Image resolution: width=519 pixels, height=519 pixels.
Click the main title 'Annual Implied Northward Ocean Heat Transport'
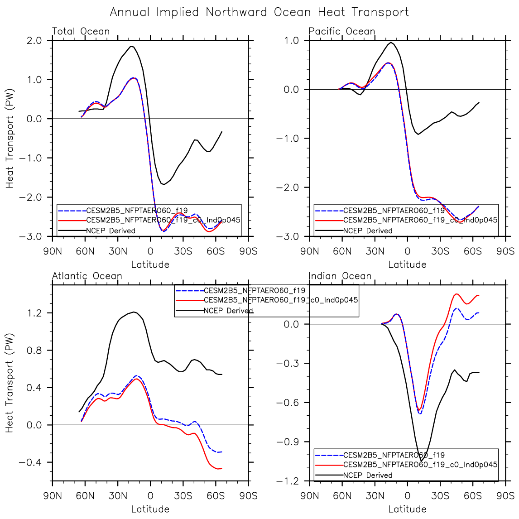pos(259,12)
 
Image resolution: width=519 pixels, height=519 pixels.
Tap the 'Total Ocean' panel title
pos(81,31)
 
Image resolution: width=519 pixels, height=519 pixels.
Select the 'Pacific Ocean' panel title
pos(342,31)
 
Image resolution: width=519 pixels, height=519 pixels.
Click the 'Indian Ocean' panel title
pos(340,276)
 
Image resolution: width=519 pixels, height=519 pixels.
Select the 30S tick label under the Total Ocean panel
pos(183,251)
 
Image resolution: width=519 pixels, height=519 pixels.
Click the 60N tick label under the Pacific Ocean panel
pos(342,251)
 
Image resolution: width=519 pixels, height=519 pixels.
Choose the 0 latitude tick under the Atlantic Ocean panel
pos(150,495)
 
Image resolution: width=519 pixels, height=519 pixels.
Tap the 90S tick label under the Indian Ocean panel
pos(505,495)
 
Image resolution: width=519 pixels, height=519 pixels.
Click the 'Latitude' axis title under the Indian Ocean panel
pos(407,509)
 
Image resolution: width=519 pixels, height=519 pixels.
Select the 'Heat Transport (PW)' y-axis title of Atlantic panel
pos(10,383)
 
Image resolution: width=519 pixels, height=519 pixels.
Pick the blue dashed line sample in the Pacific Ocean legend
pos(329,211)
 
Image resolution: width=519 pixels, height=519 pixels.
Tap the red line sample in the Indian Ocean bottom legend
pos(329,465)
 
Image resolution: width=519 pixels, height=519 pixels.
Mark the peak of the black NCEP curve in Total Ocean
pos(131,46)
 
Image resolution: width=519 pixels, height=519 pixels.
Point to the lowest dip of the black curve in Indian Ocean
pos(421,461)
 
